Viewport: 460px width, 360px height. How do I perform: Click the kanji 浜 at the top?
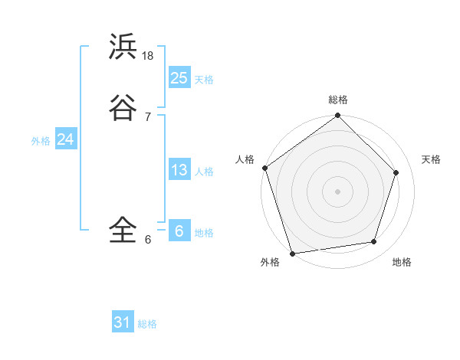coord(123,47)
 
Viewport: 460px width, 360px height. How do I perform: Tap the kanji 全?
coord(123,229)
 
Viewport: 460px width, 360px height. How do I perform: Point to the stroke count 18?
coord(148,56)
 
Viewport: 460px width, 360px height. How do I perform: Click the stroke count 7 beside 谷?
coord(147,116)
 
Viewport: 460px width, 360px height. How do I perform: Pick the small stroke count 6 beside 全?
coord(147,239)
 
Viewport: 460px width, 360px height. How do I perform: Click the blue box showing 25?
coord(179,77)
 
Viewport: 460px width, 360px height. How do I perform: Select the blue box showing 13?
coord(179,170)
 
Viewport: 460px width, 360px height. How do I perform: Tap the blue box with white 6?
coord(179,231)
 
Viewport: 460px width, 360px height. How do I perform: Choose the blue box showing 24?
coord(65,139)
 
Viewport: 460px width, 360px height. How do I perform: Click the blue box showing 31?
coord(123,322)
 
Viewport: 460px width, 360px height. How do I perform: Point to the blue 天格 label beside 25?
coord(204,80)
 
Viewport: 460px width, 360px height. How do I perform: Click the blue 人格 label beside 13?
coord(204,172)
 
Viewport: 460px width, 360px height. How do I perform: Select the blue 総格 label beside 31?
coord(147,324)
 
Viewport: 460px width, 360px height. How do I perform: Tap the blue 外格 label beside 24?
coord(41,141)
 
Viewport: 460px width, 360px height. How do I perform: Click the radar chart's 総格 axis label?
coord(338,100)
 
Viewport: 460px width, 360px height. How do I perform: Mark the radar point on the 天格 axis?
coord(396,172)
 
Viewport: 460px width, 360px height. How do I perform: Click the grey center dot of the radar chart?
coord(337,191)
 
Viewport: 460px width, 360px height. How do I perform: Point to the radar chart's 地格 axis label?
coord(402,262)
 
